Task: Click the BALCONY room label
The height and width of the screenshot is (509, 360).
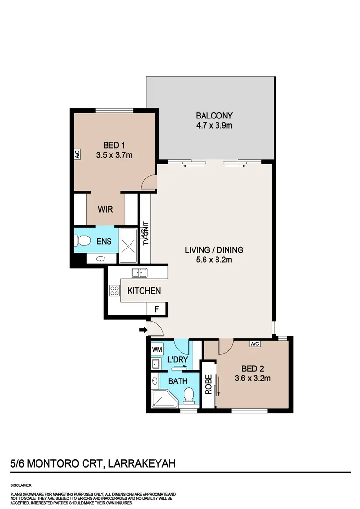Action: (214, 116)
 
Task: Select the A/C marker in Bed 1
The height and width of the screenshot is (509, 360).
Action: (77, 154)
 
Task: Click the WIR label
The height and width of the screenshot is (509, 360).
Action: (106, 210)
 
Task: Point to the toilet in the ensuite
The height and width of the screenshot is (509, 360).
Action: (83, 241)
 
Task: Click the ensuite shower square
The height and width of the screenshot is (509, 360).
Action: (129, 246)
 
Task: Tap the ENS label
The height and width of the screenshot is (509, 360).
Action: (104, 241)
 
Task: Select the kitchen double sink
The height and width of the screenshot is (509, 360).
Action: (139, 273)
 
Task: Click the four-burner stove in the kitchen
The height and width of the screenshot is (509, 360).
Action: (114, 290)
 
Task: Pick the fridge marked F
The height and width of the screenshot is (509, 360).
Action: (156, 309)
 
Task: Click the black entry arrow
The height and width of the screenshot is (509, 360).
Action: (143, 330)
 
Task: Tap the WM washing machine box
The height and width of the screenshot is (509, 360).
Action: (157, 350)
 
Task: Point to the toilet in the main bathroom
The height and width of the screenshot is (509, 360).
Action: (189, 395)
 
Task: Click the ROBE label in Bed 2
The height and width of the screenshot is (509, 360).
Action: (209, 384)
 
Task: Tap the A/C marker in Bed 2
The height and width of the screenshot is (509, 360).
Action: (255, 344)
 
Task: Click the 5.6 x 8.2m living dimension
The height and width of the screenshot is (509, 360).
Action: (214, 260)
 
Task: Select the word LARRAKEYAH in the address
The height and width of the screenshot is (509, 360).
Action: (142, 463)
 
